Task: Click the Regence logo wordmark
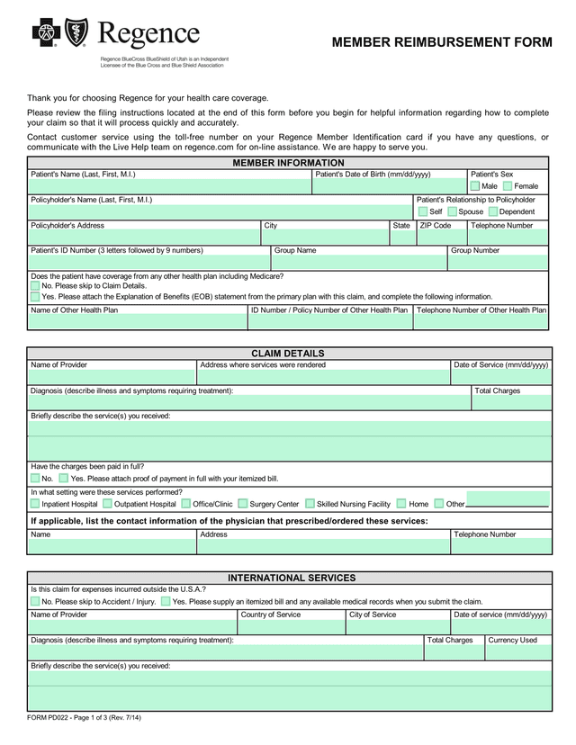pyautogui.click(x=148, y=36)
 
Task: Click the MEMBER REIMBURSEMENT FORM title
pyautogui.click(x=441, y=42)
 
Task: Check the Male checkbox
pyautogui.click(x=475, y=185)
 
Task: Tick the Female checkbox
pyautogui.click(x=508, y=185)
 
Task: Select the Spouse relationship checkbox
pyautogui.click(x=452, y=211)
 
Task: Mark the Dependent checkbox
pyautogui.click(x=492, y=211)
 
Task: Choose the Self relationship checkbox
pyautogui.click(x=423, y=211)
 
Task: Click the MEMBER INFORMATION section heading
pyautogui.click(x=288, y=163)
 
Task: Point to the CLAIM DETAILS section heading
pyautogui.click(x=288, y=354)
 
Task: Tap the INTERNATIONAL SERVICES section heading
pyautogui.click(x=292, y=578)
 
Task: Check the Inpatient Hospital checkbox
pyautogui.click(x=35, y=504)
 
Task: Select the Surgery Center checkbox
pyautogui.click(x=243, y=504)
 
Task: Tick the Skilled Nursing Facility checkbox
pyautogui.click(x=310, y=504)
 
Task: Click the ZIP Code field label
pyautogui.click(x=436, y=226)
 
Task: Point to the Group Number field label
pyautogui.click(x=475, y=250)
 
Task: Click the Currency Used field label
pyautogui.click(x=512, y=640)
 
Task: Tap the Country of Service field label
pyautogui.click(x=270, y=615)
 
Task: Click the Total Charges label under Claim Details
pyautogui.click(x=497, y=390)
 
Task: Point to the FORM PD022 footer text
pyautogui.click(x=84, y=717)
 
